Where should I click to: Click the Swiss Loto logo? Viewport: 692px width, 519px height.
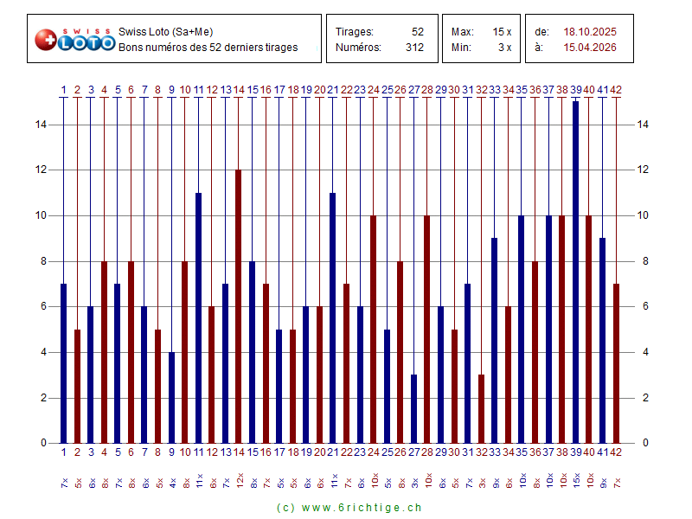(74, 39)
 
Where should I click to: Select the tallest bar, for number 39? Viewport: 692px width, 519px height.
(575, 272)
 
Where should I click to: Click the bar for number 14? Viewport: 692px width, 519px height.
(239, 306)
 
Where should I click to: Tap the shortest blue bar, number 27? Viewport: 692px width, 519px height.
(414, 408)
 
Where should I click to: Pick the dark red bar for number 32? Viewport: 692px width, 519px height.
(481, 408)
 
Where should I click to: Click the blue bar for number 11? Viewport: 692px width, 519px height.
(198, 317)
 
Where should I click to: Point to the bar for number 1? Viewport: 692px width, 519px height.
(64, 363)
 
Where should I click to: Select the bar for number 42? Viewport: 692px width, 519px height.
(616, 363)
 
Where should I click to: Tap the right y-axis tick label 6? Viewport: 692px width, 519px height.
(642, 307)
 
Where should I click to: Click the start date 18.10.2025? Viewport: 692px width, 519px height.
(590, 32)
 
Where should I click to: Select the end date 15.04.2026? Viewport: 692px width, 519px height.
(590, 48)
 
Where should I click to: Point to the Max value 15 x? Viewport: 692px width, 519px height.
(503, 32)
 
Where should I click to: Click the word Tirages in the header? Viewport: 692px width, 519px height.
(354, 32)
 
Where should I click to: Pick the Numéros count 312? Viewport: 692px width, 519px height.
(414, 48)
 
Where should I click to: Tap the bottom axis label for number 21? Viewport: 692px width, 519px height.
(332, 452)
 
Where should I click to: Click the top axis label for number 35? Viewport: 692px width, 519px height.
(522, 89)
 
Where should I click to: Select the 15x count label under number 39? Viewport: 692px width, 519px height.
(576, 480)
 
